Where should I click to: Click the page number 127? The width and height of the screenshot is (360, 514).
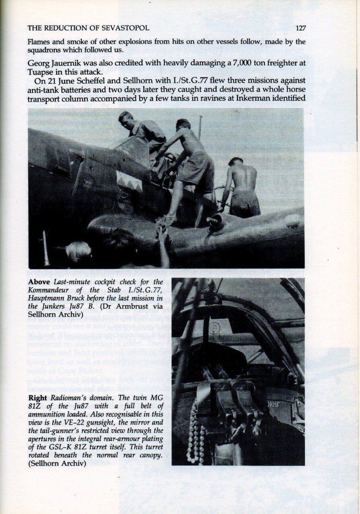[x=300, y=28]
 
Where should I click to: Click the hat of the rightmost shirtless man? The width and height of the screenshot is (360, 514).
[x=235, y=162]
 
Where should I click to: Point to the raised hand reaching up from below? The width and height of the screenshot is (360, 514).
[x=162, y=233]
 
